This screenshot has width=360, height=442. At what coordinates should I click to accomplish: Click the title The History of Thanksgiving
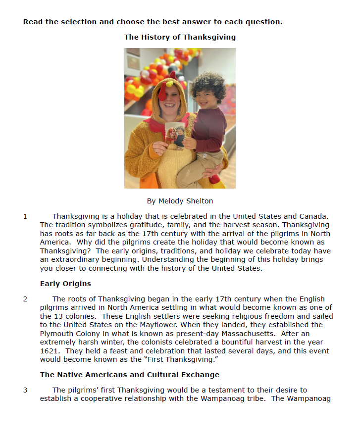click(x=180, y=37)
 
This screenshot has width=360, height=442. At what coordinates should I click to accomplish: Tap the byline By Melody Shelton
click(x=180, y=201)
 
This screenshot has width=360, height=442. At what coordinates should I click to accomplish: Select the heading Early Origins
click(x=65, y=284)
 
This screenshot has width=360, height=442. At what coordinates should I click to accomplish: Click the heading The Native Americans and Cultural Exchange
click(x=130, y=375)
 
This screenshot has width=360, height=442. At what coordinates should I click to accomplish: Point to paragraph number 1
click(x=25, y=216)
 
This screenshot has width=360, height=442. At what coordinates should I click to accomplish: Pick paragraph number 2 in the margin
click(x=25, y=299)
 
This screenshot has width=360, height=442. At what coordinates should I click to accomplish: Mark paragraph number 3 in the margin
click(x=25, y=390)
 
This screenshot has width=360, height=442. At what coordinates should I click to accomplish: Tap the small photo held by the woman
click(x=174, y=136)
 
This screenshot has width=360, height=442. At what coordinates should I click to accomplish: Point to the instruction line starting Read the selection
click(x=153, y=22)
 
